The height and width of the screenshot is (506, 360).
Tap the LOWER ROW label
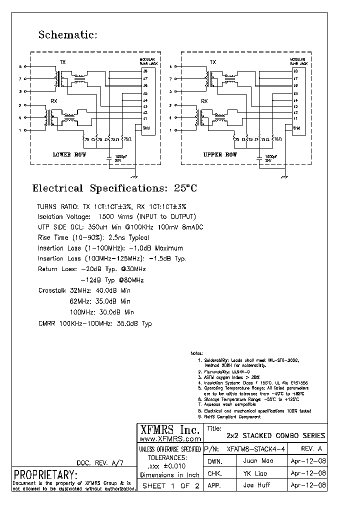69,155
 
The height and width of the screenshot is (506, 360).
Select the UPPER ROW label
220,155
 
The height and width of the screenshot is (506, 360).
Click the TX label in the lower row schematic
62,62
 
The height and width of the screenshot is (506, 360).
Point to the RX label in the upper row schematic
204,101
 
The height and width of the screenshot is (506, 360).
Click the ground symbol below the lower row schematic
133,176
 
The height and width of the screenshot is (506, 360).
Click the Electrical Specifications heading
114,188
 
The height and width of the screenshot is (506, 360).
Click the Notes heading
197,353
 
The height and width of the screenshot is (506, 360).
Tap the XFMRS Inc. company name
169,429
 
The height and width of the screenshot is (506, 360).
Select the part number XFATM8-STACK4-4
256,449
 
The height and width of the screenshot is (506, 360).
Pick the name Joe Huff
254,485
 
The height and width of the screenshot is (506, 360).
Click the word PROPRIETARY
45,474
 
